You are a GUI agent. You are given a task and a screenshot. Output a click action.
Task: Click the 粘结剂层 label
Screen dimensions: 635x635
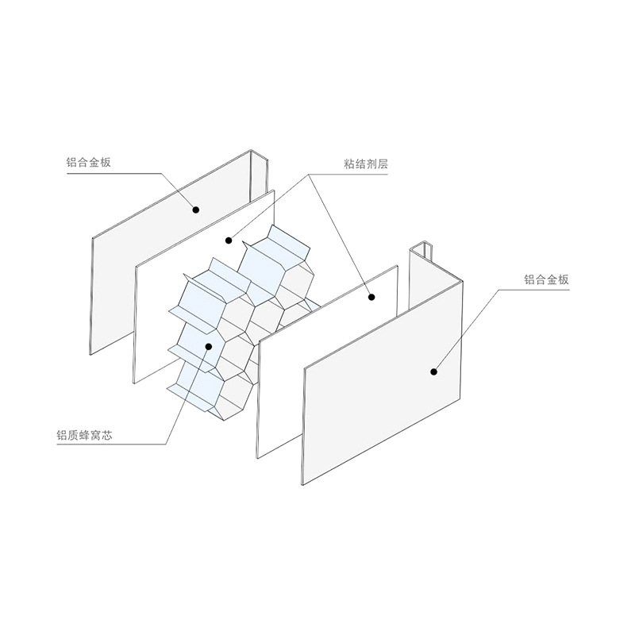366,164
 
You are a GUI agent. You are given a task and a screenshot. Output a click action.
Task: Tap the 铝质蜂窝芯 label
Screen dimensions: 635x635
84,435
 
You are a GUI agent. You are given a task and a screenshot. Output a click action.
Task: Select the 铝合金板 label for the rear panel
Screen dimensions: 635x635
88,163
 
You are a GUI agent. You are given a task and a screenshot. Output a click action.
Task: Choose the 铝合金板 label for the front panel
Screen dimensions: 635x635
546,279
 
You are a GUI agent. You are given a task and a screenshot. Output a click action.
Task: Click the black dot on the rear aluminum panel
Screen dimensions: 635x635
196,210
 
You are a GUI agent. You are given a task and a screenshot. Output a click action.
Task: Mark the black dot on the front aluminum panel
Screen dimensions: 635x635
433,371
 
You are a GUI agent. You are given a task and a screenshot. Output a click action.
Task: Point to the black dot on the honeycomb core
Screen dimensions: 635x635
209,346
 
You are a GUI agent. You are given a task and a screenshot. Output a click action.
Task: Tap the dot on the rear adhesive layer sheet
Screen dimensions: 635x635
229,241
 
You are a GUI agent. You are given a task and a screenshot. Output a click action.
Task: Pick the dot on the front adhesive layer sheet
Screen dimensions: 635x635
371,297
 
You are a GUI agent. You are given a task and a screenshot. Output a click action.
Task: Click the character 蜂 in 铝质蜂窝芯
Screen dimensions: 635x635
84,435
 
